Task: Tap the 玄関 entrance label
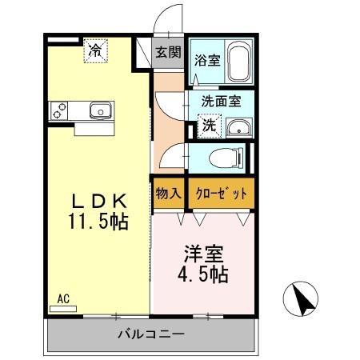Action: [168, 53]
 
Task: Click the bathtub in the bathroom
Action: [238, 62]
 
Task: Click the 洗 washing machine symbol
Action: [207, 126]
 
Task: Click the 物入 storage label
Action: [168, 193]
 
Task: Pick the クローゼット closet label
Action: [221, 193]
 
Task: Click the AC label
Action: [63, 299]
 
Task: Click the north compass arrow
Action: [303, 301]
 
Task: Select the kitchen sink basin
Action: [99, 110]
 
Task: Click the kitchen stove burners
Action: [59, 110]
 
